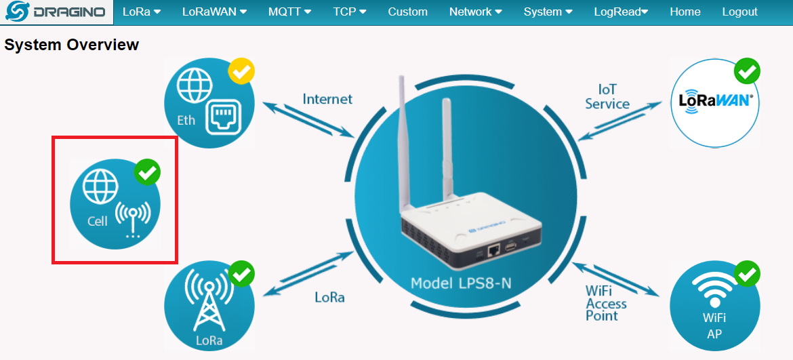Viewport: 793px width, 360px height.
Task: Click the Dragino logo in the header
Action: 56,12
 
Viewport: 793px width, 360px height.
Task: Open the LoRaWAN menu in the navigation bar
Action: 214,12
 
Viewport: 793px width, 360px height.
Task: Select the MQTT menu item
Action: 289,12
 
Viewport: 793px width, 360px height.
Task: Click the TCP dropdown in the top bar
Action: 350,12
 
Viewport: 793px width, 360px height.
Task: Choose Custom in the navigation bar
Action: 408,12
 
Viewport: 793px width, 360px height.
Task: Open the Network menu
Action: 476,12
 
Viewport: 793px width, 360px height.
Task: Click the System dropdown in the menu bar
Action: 548,12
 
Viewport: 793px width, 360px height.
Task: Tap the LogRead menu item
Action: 621,12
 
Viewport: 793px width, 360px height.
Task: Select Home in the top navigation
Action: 685,12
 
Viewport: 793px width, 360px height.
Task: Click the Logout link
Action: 740,12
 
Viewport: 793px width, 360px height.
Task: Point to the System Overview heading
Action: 72,45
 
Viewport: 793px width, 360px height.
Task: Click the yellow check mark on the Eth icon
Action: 241,71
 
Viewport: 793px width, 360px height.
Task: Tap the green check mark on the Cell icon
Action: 147,172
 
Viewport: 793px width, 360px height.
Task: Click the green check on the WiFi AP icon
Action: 747,273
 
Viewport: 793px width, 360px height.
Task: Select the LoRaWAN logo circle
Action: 716,102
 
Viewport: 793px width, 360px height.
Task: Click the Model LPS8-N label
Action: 461,283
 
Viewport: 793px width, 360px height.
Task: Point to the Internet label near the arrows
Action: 327,99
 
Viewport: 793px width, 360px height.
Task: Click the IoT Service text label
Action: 607,97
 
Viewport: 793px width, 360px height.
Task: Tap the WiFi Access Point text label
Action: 606,303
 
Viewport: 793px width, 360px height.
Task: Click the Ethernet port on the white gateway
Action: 494,250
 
